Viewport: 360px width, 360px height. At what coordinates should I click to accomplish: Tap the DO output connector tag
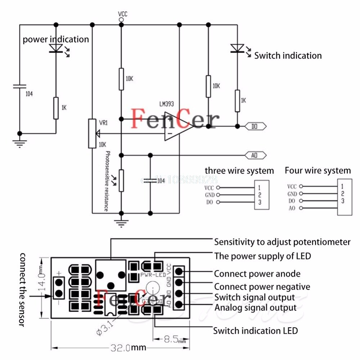[256, 126]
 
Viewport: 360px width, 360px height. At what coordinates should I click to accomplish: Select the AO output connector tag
[256, 155]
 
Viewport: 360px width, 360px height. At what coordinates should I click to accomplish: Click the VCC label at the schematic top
[122, 14]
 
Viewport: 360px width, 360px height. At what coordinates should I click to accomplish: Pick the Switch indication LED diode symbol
[237, 48]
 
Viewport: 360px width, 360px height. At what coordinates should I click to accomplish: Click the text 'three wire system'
[239, 171]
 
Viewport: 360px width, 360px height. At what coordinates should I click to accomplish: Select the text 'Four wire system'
[318, 170]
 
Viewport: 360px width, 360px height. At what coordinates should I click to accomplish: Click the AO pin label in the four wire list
[292, 208]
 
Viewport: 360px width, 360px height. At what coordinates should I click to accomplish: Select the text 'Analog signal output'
[256, 308]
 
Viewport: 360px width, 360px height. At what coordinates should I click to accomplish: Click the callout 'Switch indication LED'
[256, 330]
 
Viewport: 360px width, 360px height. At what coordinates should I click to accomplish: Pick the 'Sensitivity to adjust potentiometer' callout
[282, 242]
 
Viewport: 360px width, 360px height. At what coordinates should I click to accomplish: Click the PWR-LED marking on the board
[153, 275]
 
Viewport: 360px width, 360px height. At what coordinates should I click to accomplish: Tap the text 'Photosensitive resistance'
[107, 181]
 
